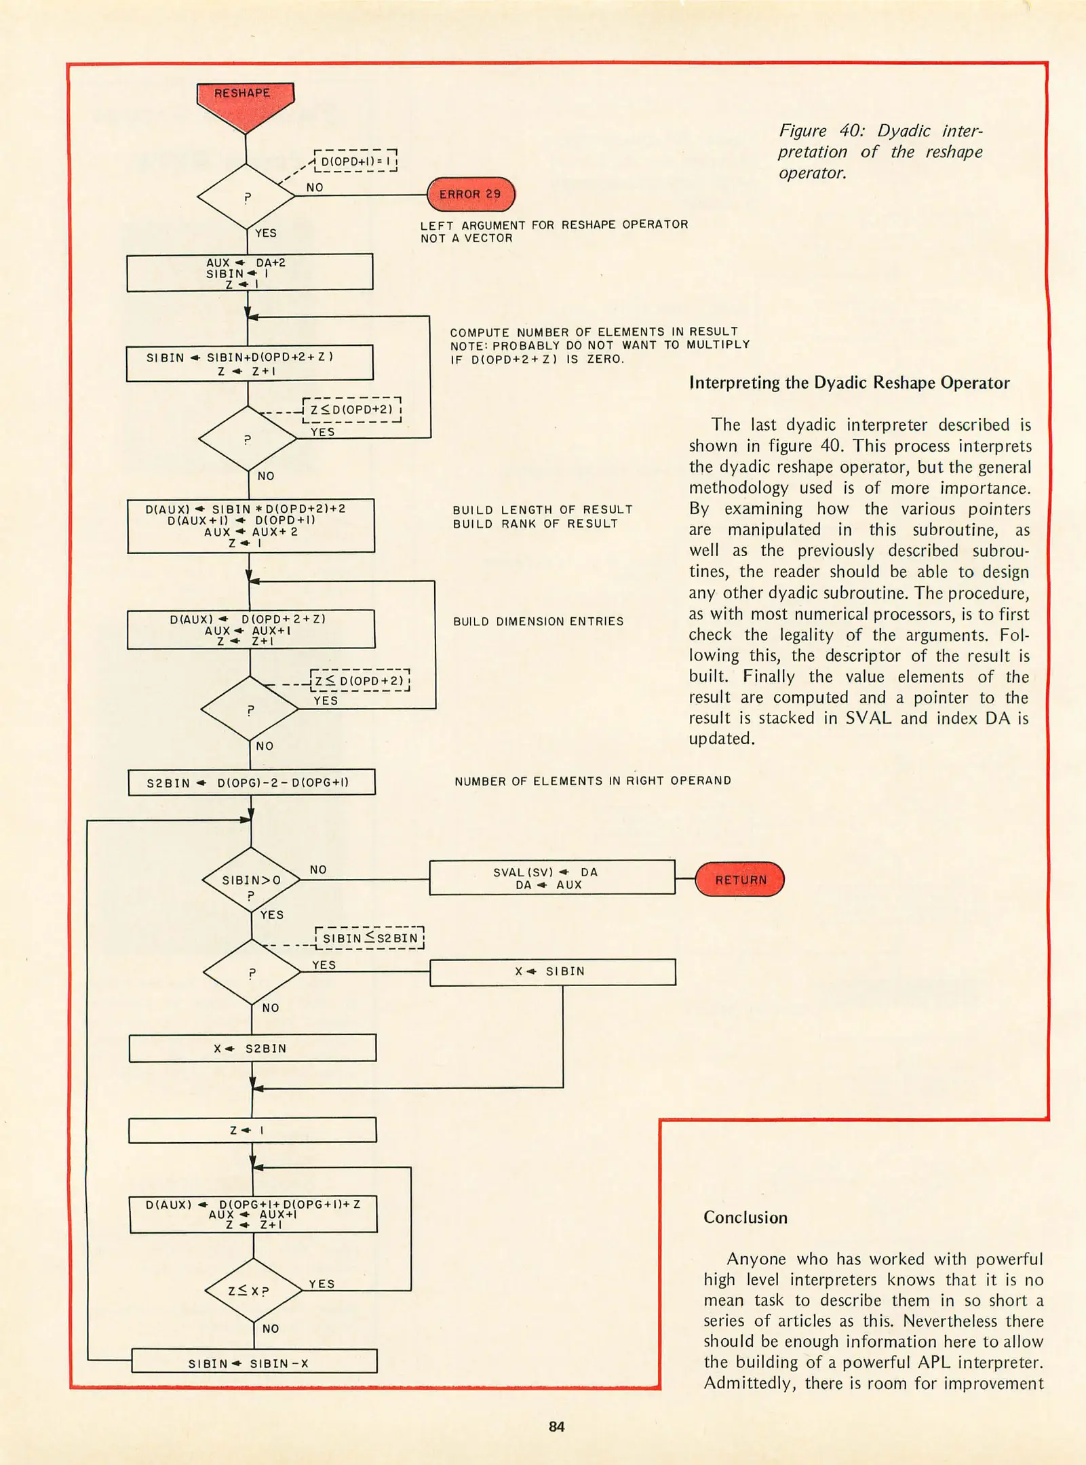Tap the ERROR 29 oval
point(470,195)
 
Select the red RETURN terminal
point(740,880)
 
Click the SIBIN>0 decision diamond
point(251,880)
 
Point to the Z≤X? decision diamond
point(253,1291)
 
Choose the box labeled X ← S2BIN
point(252,1049)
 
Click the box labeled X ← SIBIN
point(552,971)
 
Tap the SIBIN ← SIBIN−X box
point(254,1363)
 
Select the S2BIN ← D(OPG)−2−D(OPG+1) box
point(252,783)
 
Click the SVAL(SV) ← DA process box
point(551,878)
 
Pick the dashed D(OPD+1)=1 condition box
point(355,161)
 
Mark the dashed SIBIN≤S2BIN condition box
point(370,938)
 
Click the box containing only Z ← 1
point(252,1131)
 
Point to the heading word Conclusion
point(745,1217)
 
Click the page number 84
point(556,1427)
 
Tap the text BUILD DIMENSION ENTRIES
point(538,621)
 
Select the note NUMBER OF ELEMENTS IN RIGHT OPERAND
point(592,781)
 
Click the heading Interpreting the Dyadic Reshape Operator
point(849,383)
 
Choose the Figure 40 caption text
point(880,151)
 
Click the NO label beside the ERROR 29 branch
point(315,187)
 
